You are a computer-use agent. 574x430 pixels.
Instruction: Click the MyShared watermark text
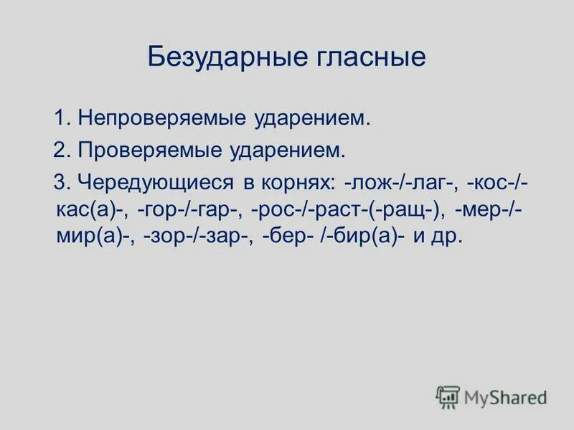(505, 396)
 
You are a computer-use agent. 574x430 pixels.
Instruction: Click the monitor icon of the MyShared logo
(448, 396)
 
